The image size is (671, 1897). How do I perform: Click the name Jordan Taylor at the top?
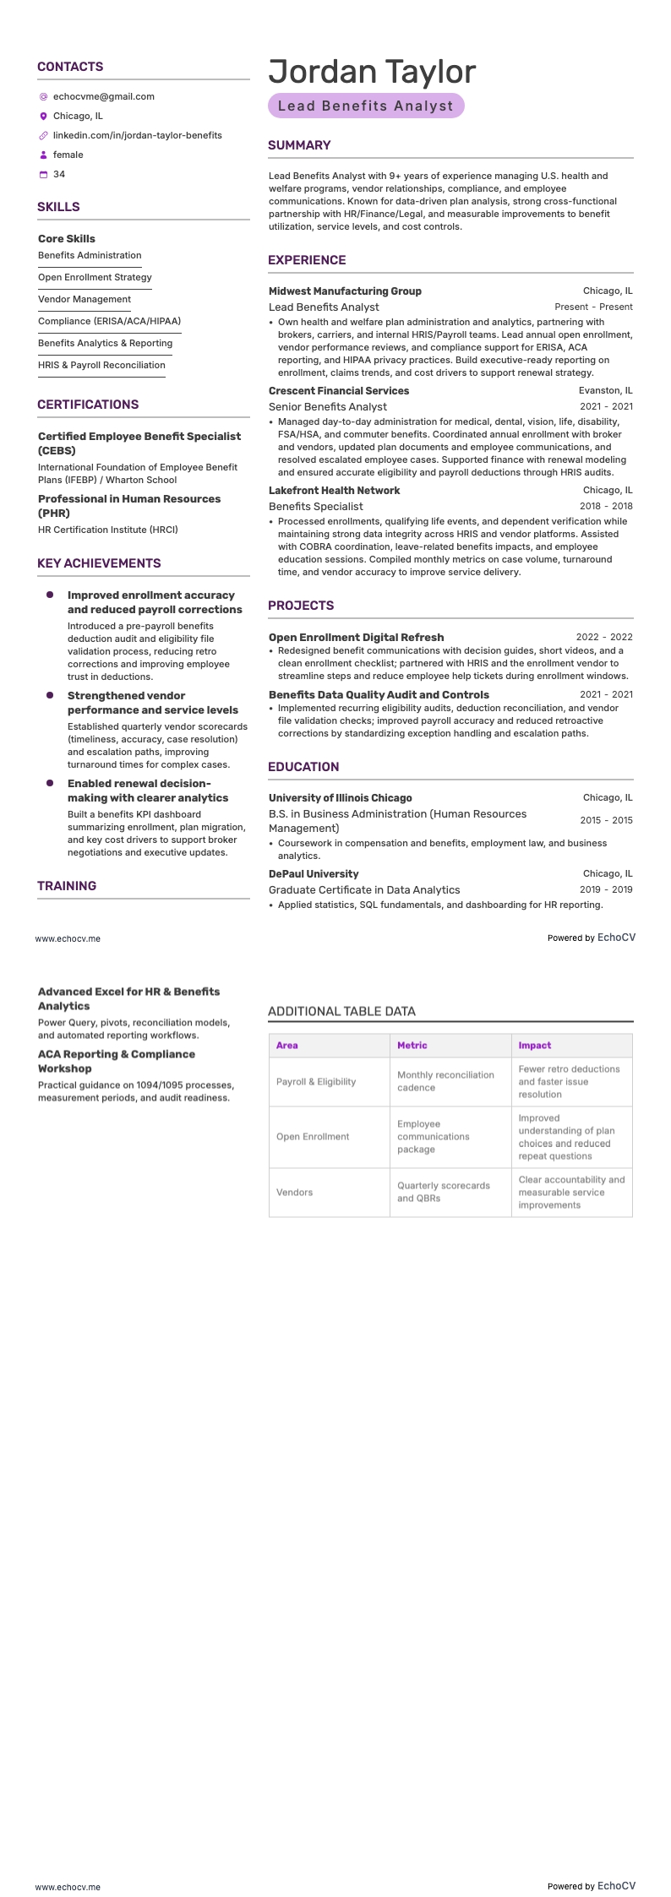click(372, 72)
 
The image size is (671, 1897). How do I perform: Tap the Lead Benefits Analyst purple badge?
click(366, 106)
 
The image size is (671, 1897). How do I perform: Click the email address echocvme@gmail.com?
click(103, 96)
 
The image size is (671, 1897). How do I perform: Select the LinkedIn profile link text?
click(137, 135)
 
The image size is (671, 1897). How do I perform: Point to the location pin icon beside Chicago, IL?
click(43, 116)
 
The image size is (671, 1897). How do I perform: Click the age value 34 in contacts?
click(59, 174)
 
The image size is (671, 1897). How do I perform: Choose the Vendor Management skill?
click(85, 299)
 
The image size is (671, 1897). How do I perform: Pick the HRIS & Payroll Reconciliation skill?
click(101, 365)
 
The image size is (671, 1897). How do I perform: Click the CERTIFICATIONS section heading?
click(88, 405)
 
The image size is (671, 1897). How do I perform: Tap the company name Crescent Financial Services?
click(338, 391)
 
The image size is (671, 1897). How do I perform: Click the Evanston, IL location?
click(605, 391)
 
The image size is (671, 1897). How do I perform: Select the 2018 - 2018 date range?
click(606, 506)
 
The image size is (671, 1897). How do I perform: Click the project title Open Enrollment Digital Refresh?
click(356, 637)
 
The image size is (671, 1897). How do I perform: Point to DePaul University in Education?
click(314, 873)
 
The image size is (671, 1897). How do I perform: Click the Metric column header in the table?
click(412, 1045)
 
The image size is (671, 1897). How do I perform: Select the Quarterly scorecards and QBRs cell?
click(444, 1192)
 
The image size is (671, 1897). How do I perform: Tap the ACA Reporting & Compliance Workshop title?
click(117, 1061)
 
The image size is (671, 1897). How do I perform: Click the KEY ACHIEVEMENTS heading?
click(99, 563)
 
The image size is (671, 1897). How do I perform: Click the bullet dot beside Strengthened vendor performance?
click(50, 695)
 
